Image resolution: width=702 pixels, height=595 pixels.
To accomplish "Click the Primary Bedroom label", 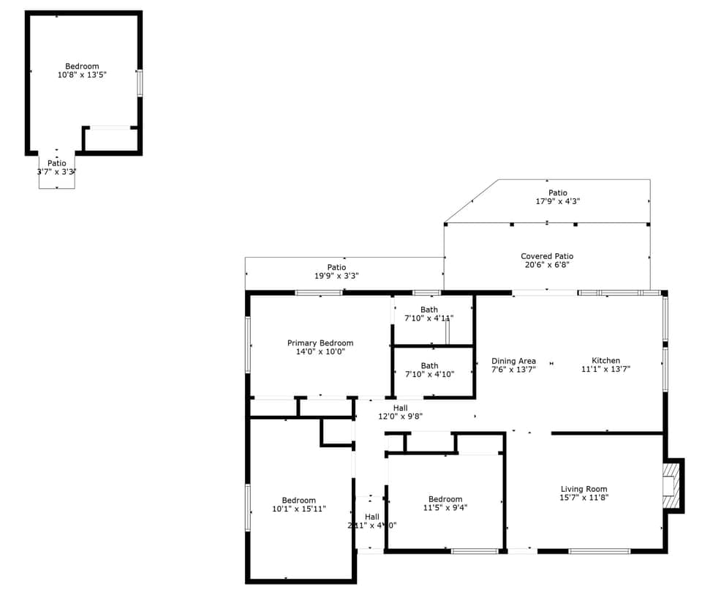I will click(320, 343).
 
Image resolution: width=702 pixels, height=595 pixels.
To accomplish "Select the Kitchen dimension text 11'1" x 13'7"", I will click(605, 370).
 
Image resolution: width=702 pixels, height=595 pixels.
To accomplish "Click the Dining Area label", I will click(513, 361).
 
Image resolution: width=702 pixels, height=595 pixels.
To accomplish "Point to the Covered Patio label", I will click(547, 256).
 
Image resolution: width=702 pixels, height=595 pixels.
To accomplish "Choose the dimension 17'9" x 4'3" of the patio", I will click(558, 201).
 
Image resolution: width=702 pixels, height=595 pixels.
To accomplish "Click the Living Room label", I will click(584, 489).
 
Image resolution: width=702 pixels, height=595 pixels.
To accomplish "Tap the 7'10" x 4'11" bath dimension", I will click(429, 318).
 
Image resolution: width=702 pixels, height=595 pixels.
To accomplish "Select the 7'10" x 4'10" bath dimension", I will click(429, 374).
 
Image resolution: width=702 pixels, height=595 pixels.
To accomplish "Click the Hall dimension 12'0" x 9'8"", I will click(400, 416).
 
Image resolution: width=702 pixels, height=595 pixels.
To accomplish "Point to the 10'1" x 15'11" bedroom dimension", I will click(299, 509).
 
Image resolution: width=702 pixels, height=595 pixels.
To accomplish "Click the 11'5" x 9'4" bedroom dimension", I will click(445, 507).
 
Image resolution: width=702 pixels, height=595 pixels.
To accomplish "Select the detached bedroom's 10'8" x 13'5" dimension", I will click(82, 75).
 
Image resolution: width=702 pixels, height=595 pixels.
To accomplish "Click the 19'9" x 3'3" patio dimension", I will click(336, 277).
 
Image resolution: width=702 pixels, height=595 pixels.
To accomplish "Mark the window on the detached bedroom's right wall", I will click(139, 83).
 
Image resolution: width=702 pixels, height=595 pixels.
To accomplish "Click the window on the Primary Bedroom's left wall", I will click(248, 344).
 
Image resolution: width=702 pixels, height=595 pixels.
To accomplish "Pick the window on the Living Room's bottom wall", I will click(599, 550).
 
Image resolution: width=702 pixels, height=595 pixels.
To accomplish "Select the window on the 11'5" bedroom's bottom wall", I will click(474, 550).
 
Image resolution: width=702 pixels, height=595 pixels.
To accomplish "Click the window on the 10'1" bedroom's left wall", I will click(248, 507).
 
